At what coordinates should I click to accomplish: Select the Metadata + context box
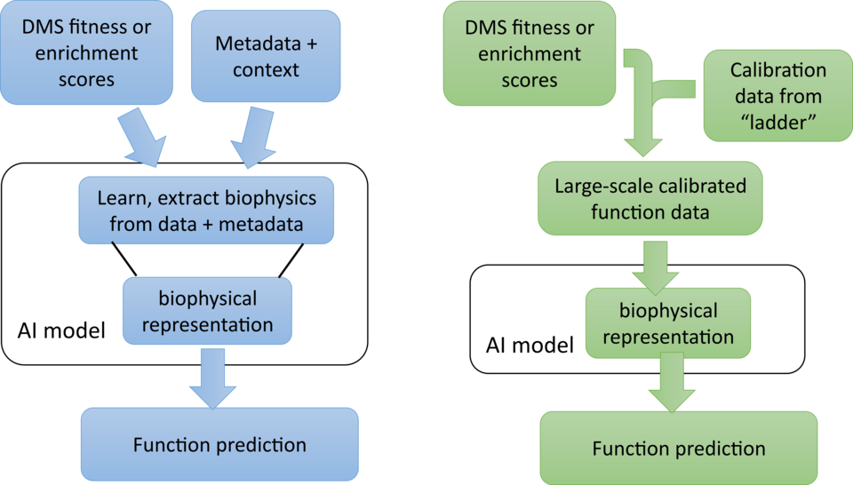[x=266, y=55]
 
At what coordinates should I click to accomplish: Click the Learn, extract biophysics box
[x=206, y=211]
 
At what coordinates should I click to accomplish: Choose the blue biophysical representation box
[x=206, y=311]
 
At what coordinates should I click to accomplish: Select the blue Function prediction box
[x=219, y=445]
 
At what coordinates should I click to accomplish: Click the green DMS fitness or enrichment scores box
[x=529, y=54]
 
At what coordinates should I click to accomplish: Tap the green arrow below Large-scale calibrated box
[x=654, y=266]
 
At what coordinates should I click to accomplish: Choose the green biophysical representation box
[x=667, y=324]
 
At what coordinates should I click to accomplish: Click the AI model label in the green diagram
[x=528, y=344]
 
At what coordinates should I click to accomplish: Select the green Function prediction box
[x=678, y=449]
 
